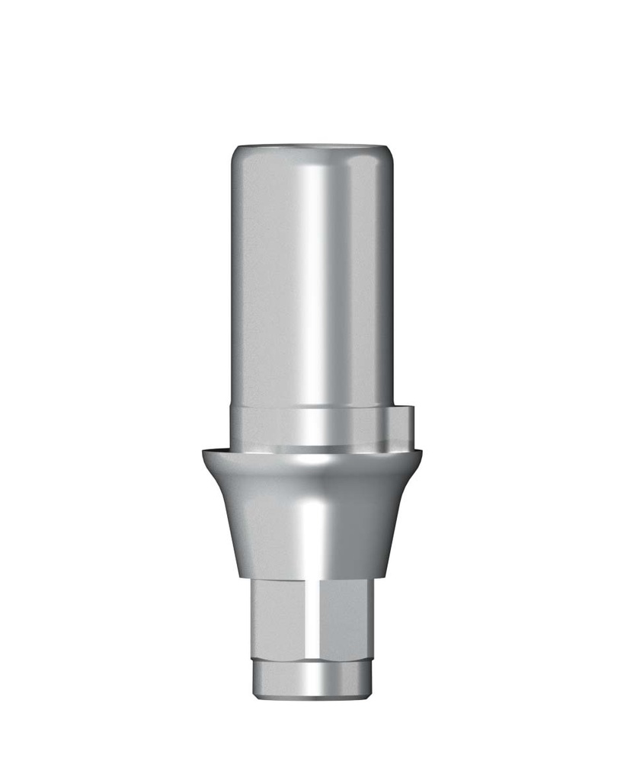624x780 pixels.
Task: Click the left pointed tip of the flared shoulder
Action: click(204, 452)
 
